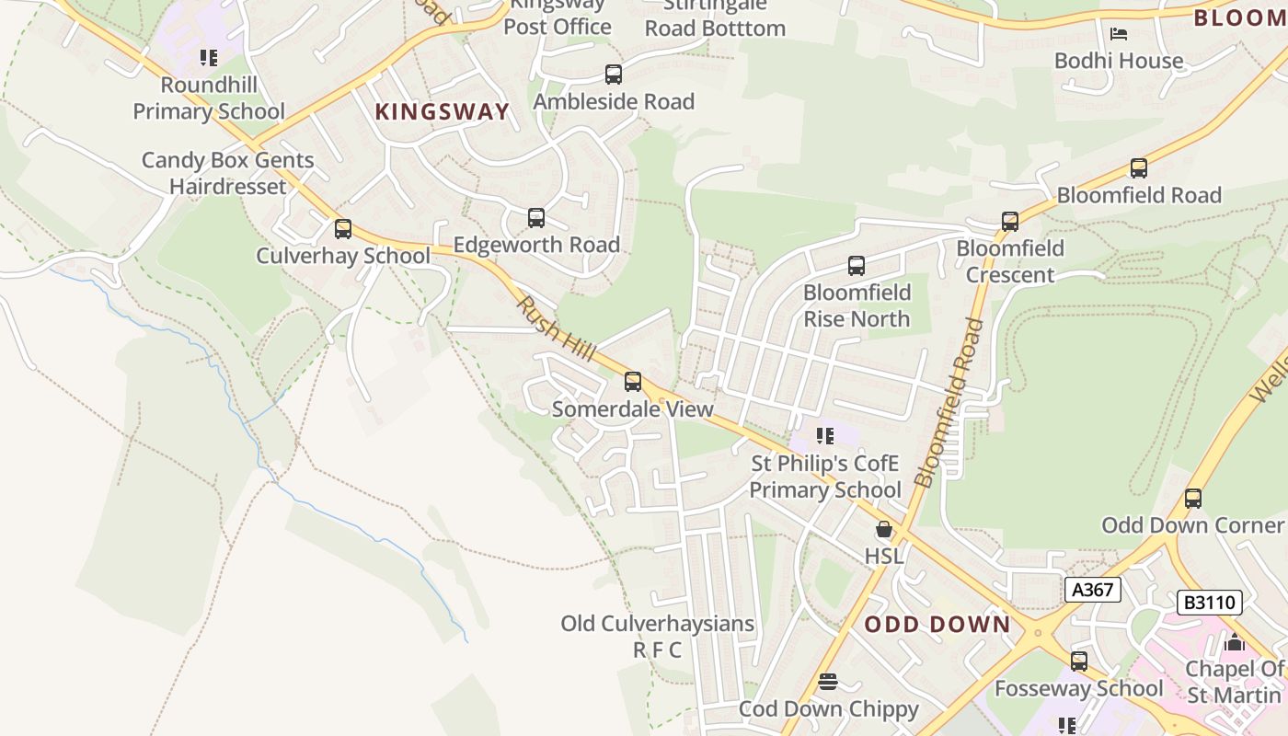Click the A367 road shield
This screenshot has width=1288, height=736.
(x=1093, y=590)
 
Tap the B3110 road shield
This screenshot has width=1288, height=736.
(x=1210, y=604)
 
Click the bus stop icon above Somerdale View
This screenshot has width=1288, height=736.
(x=632, y=381)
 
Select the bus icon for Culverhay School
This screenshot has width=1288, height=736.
(x=343, y=228)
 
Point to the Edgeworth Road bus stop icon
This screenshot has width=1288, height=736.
(x=536, y=218)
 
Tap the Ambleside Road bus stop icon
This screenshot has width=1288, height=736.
(x=614, y=75)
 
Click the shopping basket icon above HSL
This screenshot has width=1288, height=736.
(x=884, y=529)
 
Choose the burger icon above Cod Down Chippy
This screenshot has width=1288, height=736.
(x=828, y=682)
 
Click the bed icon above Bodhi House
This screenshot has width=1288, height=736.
(x=1119, y=34)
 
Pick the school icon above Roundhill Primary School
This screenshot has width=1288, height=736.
(x=209, y=58)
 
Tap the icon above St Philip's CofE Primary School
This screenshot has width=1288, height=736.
(x=825, y=435)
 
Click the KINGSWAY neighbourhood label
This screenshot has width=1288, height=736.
(x=442, y=112)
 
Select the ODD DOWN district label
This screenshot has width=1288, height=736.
(x=937, y=625)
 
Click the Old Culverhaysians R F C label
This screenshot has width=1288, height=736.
(x=658, y=637)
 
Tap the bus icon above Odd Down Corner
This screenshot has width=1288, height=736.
(x=1193, y=499)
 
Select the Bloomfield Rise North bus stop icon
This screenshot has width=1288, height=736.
(x=857, y=266)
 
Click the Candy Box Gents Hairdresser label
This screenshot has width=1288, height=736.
(x=228, y=173)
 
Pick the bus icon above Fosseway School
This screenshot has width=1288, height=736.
(x=1079, y=661)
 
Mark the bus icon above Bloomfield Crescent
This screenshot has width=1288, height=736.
(x=1010, y=222)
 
